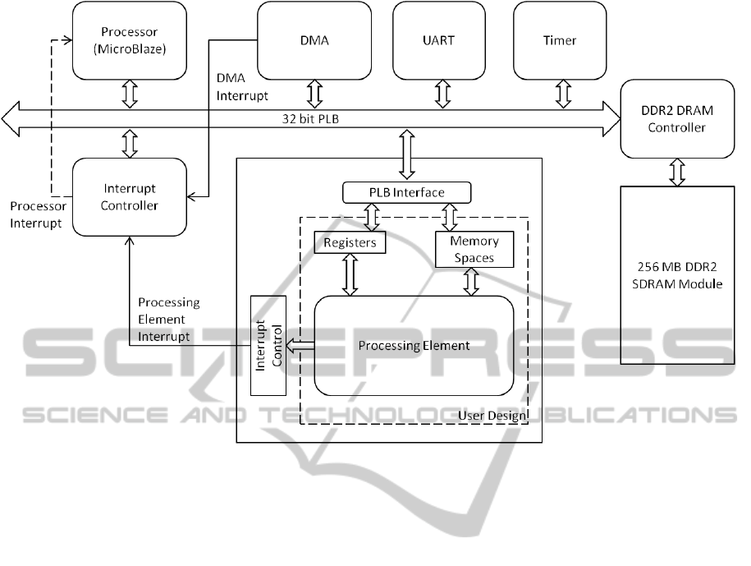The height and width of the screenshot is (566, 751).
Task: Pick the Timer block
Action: pos(560,40)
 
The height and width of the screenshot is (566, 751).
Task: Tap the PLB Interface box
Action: pos(407,193)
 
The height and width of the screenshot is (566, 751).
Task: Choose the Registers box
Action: pos(350,242)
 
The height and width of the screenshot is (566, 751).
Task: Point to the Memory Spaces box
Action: pos(472,249)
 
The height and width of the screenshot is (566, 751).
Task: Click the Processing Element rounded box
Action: pos(414,345)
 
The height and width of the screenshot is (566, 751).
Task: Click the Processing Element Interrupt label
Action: pos(168,319)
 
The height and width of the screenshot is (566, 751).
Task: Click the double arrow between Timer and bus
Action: pos(563,94)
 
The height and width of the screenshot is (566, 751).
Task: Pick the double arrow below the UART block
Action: pos(442,94)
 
